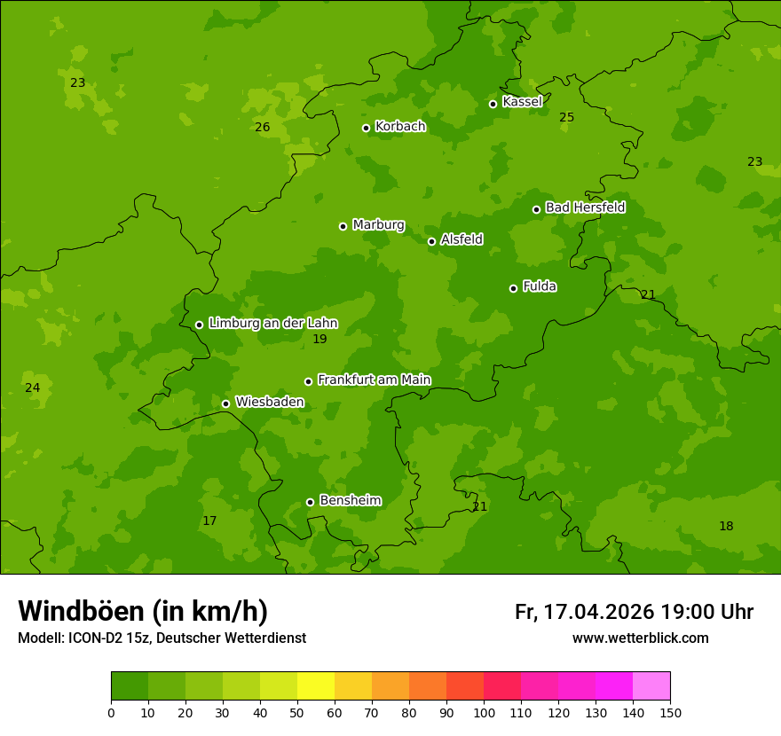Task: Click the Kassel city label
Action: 522,102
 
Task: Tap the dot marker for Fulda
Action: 513,288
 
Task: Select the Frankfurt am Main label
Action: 374,380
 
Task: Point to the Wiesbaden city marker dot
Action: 225,403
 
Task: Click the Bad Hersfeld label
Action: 585,207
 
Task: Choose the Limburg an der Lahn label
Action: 272,324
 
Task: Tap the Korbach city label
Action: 400,127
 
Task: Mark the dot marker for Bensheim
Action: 310,502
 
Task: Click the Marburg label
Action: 378,225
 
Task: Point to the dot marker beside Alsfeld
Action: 431,241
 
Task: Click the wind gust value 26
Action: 263,128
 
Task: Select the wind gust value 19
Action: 319,340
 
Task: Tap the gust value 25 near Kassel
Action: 567,118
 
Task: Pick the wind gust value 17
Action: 209,521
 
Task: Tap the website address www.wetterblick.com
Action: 640,638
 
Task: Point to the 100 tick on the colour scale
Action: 484,712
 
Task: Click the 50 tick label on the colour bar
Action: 297,712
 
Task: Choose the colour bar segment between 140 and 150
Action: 651,686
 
